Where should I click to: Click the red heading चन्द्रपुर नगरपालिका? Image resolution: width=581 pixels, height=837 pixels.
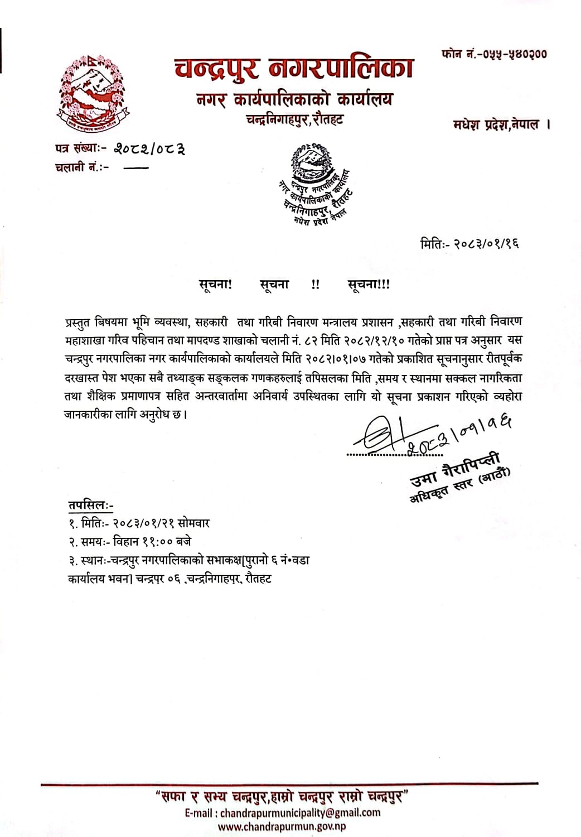(x=293, y=69)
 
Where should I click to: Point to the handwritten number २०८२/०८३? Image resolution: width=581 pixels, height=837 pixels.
(x=149, y=148)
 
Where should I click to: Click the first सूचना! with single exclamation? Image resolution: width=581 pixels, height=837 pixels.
(x=216, y=284)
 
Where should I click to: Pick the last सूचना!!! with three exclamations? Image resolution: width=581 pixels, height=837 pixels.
(x=369, y=284)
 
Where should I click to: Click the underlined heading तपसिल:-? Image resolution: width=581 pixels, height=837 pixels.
(x=91, y=505)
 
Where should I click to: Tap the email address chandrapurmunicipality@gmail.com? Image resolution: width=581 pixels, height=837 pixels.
(x=300, y=812)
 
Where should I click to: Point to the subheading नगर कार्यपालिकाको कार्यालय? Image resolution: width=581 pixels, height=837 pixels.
(x=294, y=99)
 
